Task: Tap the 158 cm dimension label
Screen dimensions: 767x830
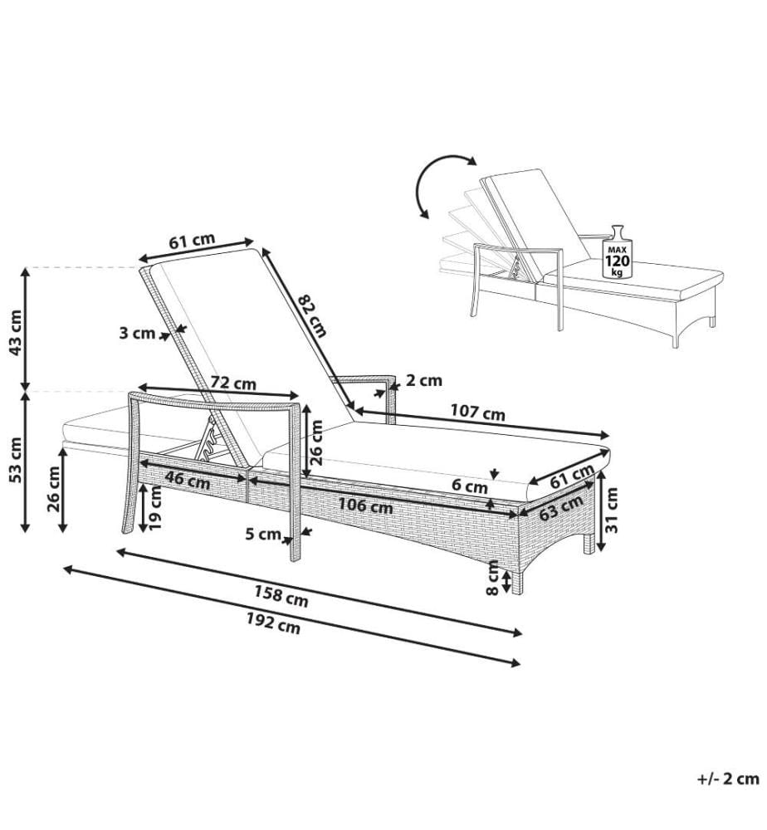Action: coord(281,597)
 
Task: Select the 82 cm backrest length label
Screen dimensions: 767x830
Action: coord(313,315)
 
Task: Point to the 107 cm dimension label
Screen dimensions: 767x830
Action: coord(477,412)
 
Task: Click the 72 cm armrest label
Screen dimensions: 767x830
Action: coord(233,383)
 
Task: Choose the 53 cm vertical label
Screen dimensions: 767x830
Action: coord(16,459)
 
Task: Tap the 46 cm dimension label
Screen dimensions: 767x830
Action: coord(188,481)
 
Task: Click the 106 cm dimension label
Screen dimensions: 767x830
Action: coord(366,506)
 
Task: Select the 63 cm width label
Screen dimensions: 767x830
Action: coord(561,507)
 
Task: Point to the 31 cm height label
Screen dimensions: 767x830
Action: coord(612,510)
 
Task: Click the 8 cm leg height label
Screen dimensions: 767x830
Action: coord(493,578)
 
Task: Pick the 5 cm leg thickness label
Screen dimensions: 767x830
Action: coord(263,534)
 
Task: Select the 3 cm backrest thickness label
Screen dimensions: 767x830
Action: coord(137,333)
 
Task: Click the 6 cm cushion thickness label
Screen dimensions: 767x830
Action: coord(470,486)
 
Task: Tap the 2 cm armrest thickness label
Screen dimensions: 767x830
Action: coord(424,380)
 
